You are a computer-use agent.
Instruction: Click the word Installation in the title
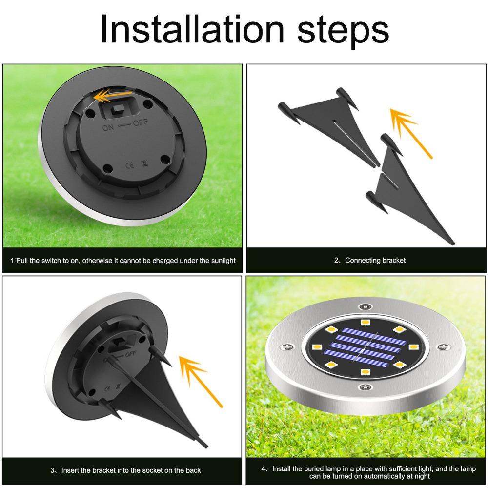[x=192, y=29]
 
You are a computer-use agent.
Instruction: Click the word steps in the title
[x=343, y=32]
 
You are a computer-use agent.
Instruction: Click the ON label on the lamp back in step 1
[x=108, y=127]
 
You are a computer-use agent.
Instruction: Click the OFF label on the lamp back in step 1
[x=141, y=122]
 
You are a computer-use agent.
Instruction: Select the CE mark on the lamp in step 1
[x=130, y=164]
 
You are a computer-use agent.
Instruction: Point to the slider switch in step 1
[x=118, y=109]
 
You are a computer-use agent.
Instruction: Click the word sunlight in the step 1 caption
[x=223, y=261]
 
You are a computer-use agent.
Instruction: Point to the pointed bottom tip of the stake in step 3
[x=206, y=447]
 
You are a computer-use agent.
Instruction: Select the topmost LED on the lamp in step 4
[x=365, y=322]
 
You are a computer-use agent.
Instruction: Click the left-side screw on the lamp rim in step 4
[x=286, y=346]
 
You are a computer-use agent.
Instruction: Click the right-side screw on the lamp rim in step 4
[x=444, y=346]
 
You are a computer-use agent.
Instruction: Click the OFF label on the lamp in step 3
[x=131, y=354]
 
